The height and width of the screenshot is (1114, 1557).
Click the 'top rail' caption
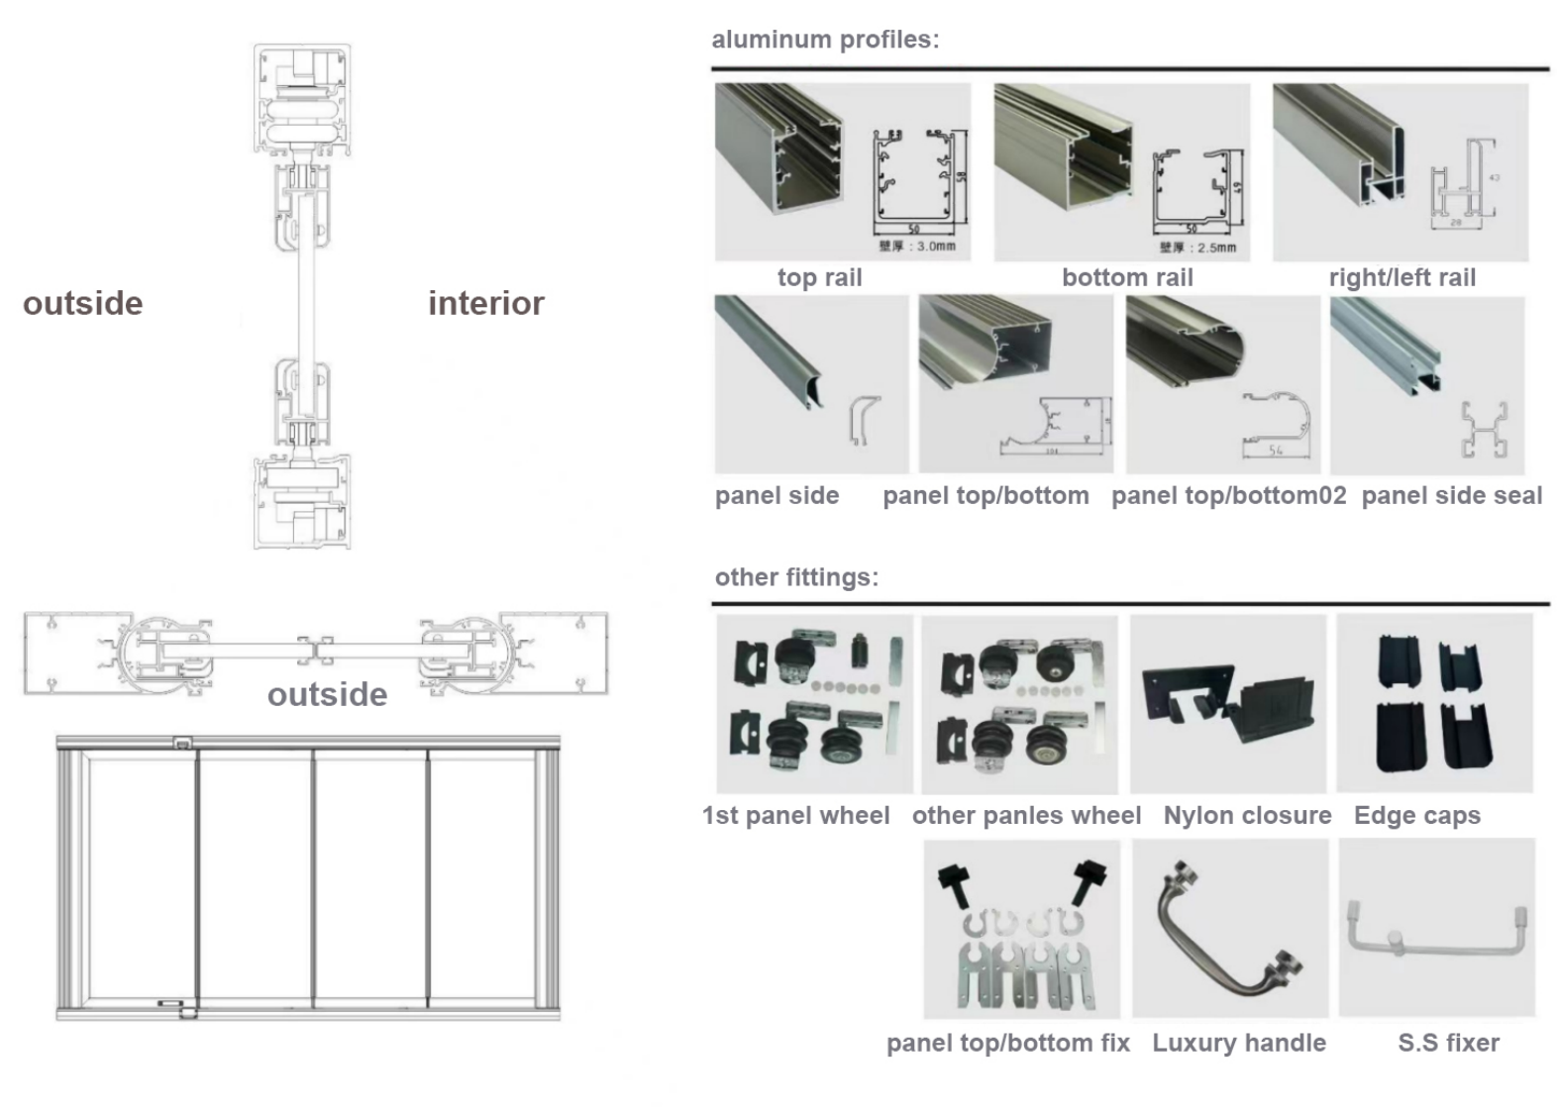[x=819, y=278]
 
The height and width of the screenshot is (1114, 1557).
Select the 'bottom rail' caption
[x=1127, y=278]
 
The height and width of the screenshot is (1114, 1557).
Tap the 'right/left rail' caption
[x=1401, y=278]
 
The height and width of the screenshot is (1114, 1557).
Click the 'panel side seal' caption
[x=1451, y=496]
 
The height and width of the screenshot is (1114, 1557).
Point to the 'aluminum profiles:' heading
[x=825, y=40]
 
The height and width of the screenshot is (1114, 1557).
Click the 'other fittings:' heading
[x=796, y=577]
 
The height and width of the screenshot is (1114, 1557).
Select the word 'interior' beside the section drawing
[x=485, y=304]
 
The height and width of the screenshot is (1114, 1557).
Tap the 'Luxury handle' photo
[x=1229, y=929]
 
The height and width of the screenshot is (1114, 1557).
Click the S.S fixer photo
[x=1436, y=929]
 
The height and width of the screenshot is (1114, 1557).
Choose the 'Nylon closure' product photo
[x=1227, y=704]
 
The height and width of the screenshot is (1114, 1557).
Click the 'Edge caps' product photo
[x=1433, y=704]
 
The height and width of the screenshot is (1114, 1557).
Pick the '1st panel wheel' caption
[x=795, y=816]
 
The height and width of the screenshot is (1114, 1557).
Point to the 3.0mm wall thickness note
[x=917, y=247]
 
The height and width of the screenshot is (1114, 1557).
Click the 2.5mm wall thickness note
[x=1197, y=248]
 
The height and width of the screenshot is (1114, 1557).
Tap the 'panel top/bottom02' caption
[x=1228, y=496]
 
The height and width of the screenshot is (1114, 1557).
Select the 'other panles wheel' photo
[x=1019, y=704]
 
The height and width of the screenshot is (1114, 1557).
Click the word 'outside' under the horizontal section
[x=327, y=695]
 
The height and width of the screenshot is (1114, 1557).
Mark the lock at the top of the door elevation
[x=182, y=743]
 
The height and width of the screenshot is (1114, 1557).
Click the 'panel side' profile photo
[x=810, y=384]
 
